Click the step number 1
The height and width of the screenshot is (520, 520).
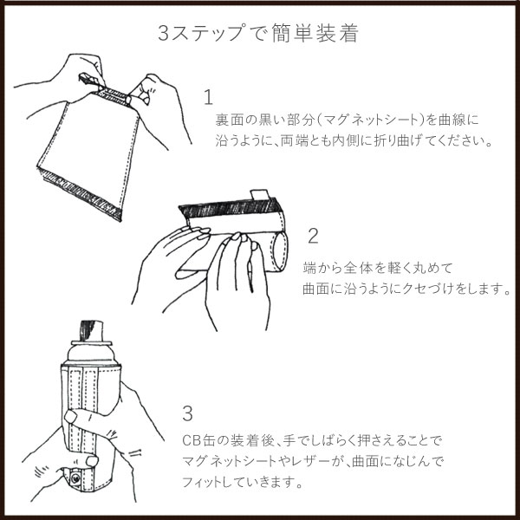point(208,97)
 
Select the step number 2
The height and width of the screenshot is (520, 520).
point(313,236)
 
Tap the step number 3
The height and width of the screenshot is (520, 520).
point(188,414)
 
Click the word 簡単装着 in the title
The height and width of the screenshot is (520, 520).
point(315,33)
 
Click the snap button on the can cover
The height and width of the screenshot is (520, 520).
point(75,478)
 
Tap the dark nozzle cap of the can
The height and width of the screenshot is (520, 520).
point(92,330)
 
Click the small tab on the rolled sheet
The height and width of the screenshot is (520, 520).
point(259,195)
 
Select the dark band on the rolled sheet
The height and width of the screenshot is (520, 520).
point(230,208)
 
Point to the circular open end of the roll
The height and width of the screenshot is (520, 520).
point(281,251)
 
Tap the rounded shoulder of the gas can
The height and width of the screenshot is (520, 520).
point(91,353)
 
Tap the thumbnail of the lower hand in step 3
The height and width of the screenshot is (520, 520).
point(92,461)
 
